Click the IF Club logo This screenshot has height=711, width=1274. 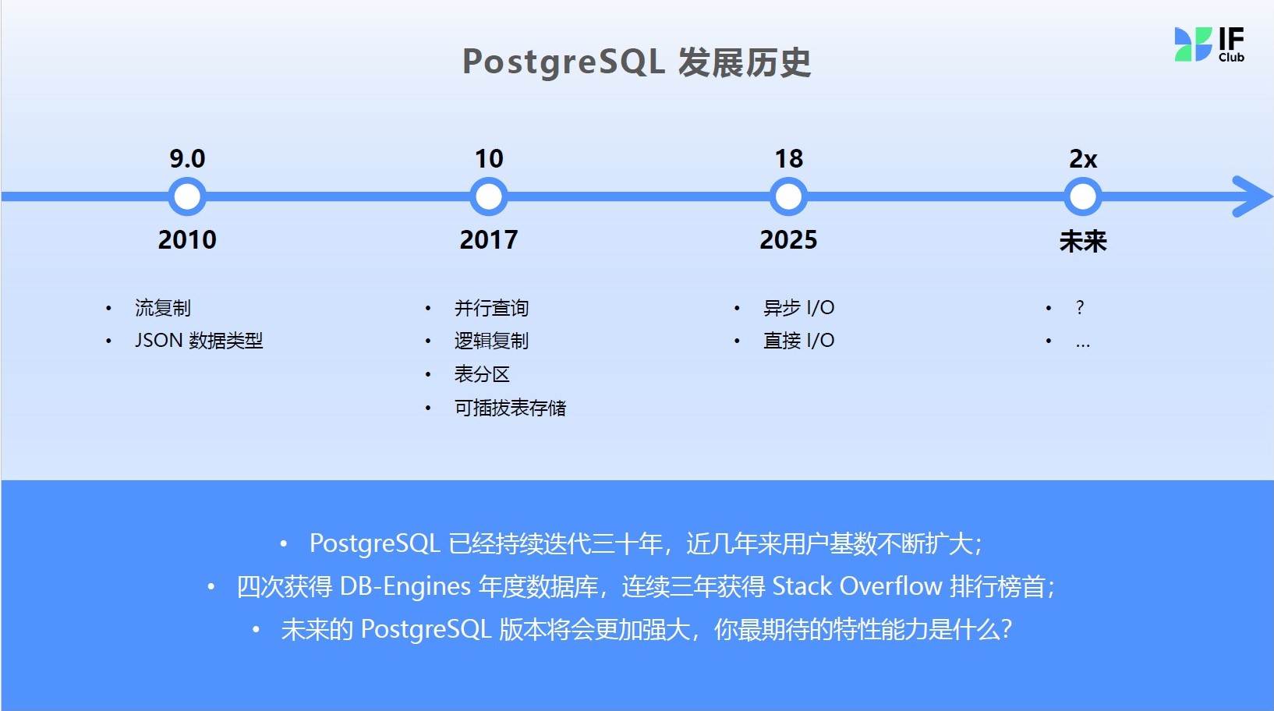click(1209, 44)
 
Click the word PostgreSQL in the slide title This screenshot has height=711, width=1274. click(564, 62)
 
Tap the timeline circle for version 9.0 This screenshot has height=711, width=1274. click(187, 196)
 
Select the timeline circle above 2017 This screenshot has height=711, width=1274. click(489, 196)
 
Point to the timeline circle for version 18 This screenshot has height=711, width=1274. click(788, 196)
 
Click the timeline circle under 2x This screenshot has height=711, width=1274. click(1082, 196)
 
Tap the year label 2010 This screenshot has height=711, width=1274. click(187, 239)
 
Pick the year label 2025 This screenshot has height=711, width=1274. click(788, 239)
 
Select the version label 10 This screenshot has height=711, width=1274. click(489, 159)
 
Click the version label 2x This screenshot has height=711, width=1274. click(1083, 159)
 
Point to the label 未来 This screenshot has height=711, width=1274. click(1083, 241)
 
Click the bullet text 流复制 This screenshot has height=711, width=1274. click(163, 308)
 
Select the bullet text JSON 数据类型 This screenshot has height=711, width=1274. click(199, 340)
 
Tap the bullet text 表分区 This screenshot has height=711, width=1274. click(482, 374)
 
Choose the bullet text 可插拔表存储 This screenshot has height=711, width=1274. click(510, 408)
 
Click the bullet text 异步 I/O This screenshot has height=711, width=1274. click(798, 308)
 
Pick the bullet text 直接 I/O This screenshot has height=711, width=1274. click(798, 340)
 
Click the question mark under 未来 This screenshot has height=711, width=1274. click(1080, 308)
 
